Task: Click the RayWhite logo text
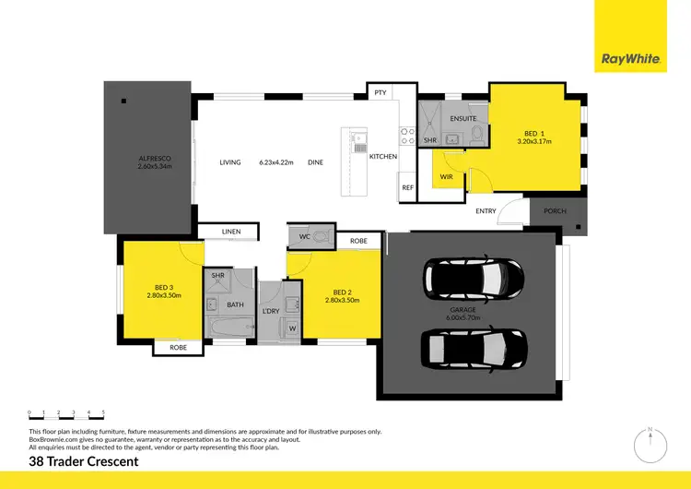[630, 59]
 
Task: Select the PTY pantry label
[380, 93]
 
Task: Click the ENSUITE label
[463, 119]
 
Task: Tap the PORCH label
[556, 211]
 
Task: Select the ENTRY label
[486, 211]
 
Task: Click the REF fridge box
[407, 187]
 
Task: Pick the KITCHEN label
[383, 157]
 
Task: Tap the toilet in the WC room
[319, 237]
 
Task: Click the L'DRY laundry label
[271, 311]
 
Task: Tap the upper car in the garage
[473, 276]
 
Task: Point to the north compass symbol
[649, 443]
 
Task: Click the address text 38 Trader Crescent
[84, 460]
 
